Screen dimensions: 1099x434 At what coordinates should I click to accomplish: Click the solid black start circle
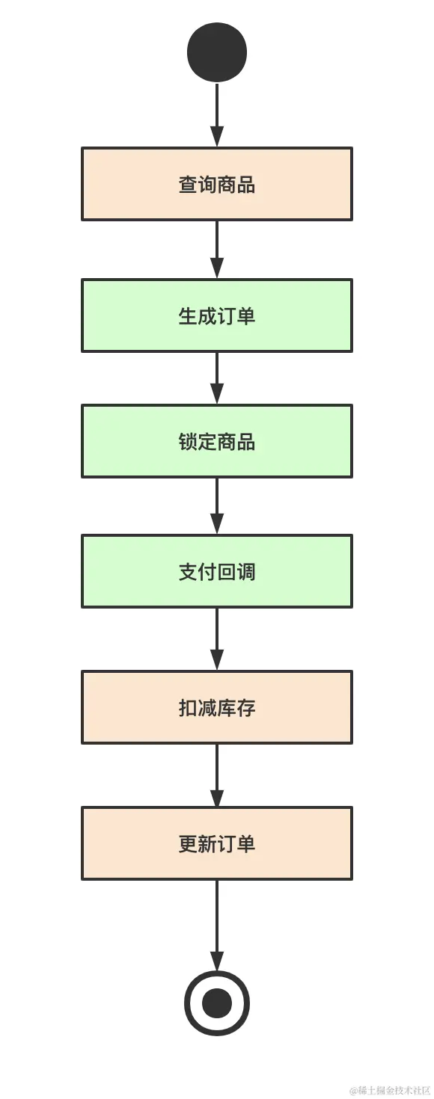tap(217, 52)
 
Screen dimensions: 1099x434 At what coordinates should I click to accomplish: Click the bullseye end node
tap(217, 1003)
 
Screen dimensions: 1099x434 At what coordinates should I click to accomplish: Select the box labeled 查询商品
tap(217, 184)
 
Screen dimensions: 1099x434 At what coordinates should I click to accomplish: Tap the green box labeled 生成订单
tap(217, 315)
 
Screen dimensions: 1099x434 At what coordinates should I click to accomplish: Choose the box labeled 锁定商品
tap(217, 441)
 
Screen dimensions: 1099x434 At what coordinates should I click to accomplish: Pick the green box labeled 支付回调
tap(217, 571)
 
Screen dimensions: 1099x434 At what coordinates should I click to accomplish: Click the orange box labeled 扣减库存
tap(217, 707)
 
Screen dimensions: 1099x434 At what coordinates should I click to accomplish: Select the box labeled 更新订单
tap(217, 843)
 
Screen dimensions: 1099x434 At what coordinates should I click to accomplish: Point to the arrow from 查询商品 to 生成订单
tap(217, 250)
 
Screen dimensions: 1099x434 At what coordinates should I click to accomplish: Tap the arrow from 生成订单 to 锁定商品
tap(217, 378)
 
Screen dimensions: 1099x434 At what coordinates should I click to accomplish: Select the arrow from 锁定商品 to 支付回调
tap(217, 506)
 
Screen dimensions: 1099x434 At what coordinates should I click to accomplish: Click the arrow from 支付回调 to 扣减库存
tap(217, 639)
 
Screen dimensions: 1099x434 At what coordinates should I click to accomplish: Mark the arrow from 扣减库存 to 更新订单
tap(217, 775)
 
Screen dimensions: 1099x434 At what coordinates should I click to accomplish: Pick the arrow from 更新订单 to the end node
tap(217, 926)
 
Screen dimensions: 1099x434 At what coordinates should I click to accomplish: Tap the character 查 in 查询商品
tap(188, 185)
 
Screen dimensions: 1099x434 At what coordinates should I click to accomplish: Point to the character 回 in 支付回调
tap(227, 572)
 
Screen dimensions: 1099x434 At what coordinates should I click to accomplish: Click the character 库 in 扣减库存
tap(227, 708)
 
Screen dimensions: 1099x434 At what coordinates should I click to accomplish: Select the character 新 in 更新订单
tap(207, 844)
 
